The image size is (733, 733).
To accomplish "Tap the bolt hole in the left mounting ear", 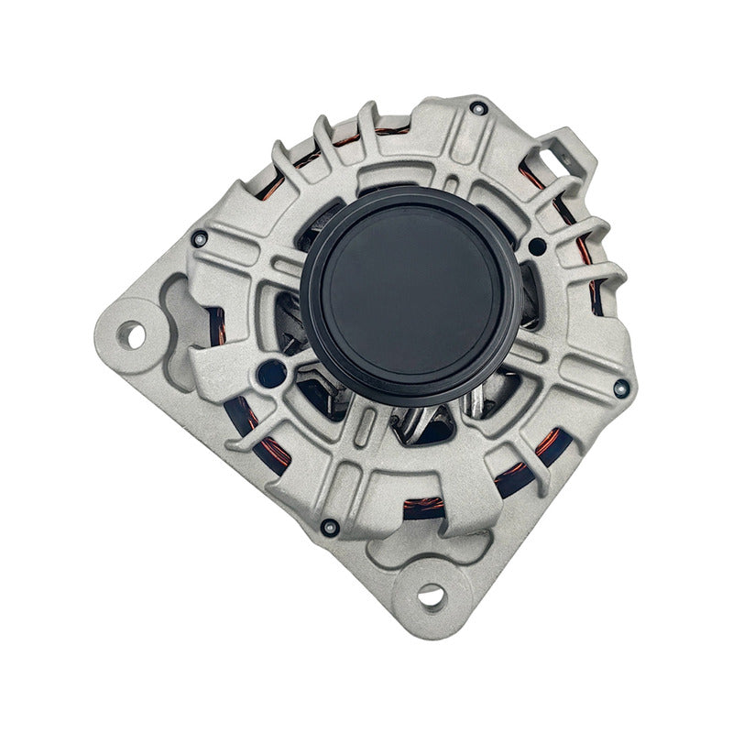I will [135, 335].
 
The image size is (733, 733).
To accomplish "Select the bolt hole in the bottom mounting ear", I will [431, 596].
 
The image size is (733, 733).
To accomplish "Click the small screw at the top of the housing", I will [477, 108].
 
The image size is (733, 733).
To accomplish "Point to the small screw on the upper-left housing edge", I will [199, 239].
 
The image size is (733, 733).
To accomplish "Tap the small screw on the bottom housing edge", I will [330, 527].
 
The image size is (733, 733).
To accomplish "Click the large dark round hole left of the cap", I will [272, 371].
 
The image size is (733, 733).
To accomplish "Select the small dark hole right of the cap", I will [537, 246].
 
